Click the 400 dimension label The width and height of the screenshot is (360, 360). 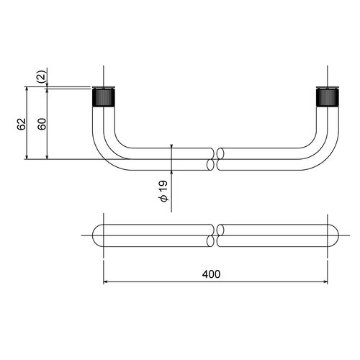point(211,274)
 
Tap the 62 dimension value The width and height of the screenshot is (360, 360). point(22,124)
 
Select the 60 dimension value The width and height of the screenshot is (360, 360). point(42,124)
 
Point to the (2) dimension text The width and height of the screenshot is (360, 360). point(41,76)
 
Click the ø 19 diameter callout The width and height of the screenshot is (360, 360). point(163,191)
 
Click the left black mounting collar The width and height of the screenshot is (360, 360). point(104,97)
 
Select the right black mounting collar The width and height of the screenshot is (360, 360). point(328,97)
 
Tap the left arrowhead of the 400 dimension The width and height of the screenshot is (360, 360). point(105,282)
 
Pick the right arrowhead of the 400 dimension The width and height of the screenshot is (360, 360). point(325,282)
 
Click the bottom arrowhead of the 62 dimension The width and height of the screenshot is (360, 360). point(27,157)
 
